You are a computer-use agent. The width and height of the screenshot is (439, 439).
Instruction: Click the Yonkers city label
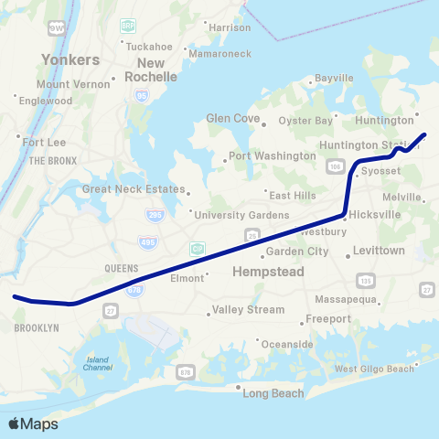tap(70, 59)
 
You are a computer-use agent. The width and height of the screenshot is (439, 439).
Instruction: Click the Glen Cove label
tap(234, 118)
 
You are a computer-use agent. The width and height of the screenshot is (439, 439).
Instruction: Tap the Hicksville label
tap(375, 214)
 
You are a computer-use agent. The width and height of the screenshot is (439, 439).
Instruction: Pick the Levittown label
tap(379, 250)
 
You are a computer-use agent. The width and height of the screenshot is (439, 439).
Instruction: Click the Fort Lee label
tap(43, 142)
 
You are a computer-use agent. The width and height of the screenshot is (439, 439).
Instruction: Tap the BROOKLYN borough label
tap(37, 327)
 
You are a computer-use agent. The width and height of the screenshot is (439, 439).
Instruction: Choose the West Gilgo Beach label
tap(374, 369)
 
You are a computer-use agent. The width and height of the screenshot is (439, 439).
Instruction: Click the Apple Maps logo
tap(33, 424)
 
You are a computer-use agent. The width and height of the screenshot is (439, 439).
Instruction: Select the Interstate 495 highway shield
tap(146, 241)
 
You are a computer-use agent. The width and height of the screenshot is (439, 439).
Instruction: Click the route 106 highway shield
tap(335, 166)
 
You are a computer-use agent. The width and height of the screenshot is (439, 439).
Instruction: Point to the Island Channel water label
tap(97, 362)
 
